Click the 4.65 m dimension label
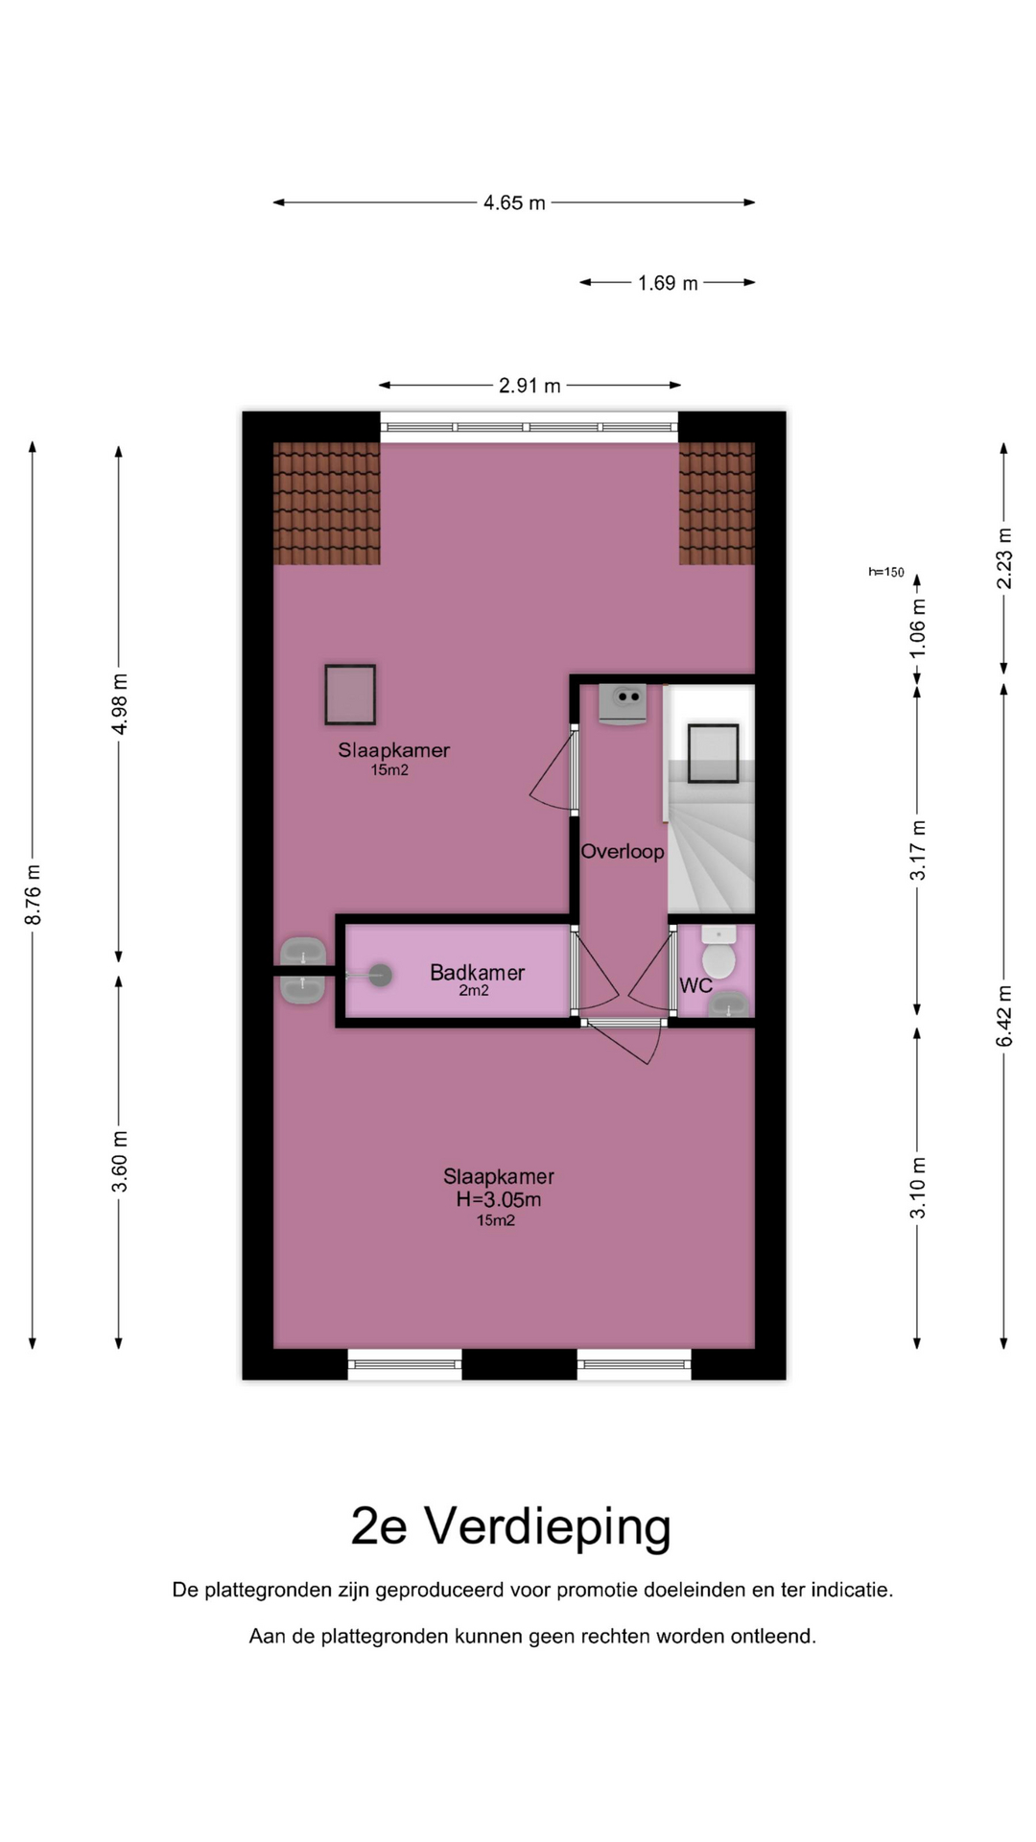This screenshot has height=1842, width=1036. point(514,202)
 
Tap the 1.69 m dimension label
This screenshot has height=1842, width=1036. point(668,283)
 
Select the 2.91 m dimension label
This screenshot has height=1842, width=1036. point(530,386)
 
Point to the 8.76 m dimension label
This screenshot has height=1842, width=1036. point(34,894)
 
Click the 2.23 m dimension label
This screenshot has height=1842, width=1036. point(1004,558)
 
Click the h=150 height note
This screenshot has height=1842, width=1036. point(886,572)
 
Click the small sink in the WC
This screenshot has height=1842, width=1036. point(730,1004)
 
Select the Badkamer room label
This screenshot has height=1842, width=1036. point(477,972)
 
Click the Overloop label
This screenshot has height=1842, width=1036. point(623,851)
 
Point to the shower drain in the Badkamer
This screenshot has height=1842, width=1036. point(380,975)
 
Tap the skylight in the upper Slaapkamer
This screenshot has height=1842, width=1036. point(350,694)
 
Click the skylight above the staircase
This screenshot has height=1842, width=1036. point(713,754)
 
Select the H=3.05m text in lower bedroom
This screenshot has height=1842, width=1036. point(499,1199)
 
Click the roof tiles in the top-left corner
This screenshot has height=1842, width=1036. point(327,504)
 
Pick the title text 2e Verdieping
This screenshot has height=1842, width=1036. point(511,1525)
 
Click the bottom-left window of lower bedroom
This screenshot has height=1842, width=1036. point(405,1364)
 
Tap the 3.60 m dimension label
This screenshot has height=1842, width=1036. point(120,1162)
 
